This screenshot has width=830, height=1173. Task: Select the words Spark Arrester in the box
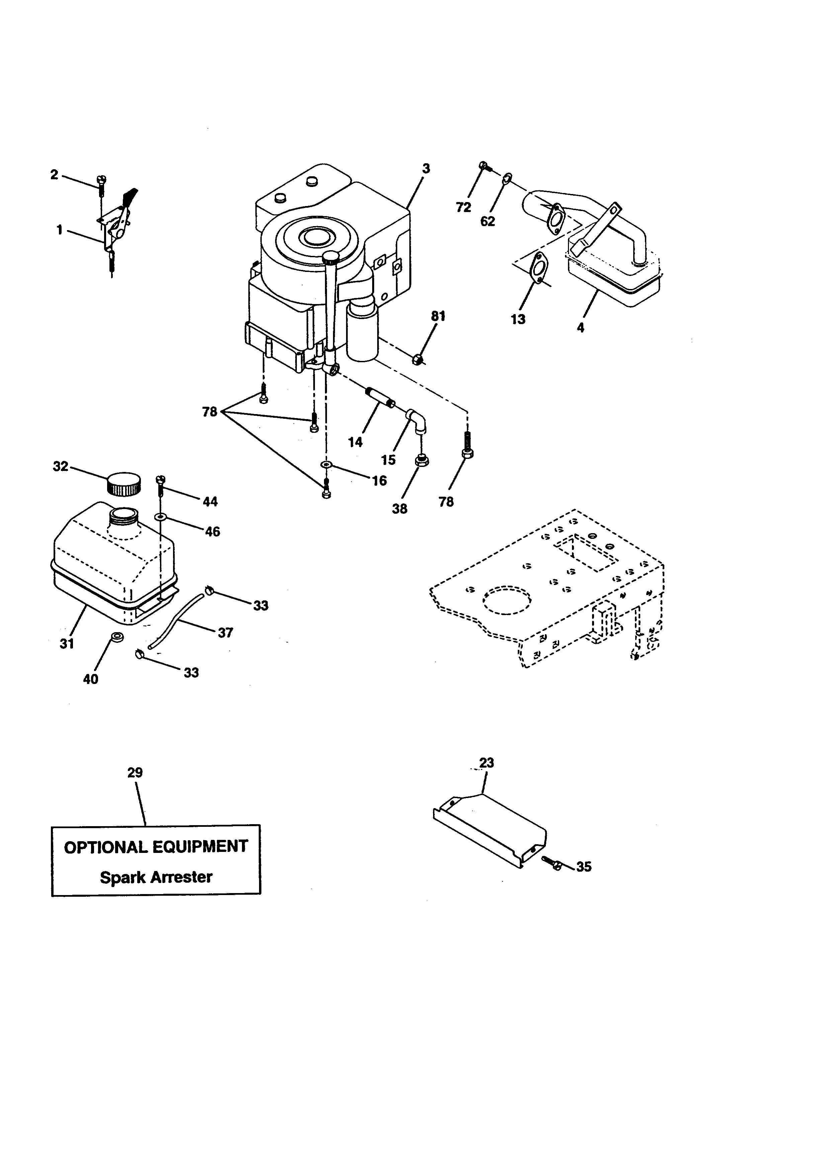click(156, 877)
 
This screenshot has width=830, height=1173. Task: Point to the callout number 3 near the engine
click(426, 169)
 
